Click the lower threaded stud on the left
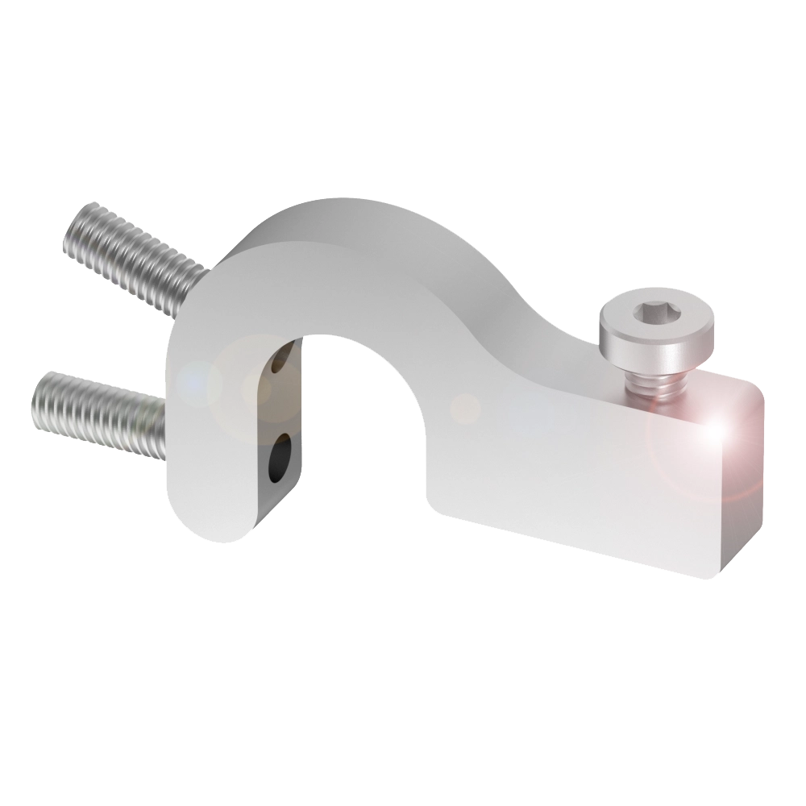click(x=97, y=411)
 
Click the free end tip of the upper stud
click(x=77, y=226)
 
